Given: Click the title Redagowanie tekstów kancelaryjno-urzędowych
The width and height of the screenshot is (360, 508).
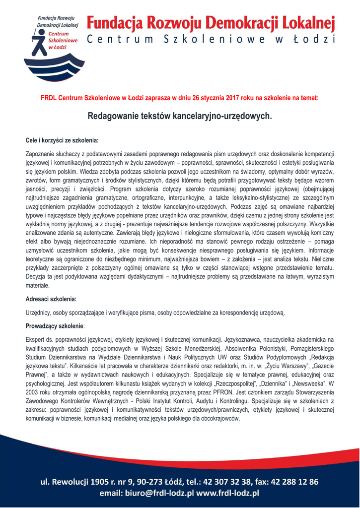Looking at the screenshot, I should (180, 117).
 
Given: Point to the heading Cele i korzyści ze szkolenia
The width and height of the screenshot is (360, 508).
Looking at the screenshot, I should (62, 140).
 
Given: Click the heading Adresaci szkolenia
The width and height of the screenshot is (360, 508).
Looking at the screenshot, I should (51, 299).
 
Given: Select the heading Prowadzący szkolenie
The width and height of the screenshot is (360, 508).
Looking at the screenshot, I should (54, 326).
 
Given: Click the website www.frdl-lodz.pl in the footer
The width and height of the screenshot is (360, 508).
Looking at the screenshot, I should (228, 493).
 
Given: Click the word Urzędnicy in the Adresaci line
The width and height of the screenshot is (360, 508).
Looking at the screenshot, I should (39, 313).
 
